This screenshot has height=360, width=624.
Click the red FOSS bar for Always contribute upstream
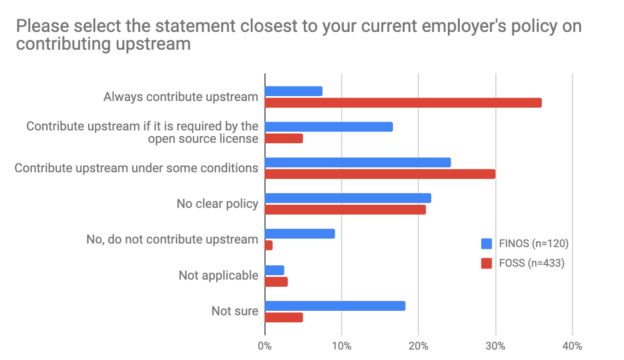tap(403, 103)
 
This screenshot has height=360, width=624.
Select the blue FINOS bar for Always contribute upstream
tap(293, 91)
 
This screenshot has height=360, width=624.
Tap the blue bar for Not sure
tap(335, 306)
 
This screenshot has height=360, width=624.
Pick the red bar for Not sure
tap(284, 317)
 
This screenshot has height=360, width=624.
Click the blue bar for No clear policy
tap(348, 198)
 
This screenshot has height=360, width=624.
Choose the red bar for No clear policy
tap(345, 210)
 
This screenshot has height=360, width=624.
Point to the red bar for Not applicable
tap(276, 282)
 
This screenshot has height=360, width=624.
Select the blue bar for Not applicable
tap(274, 270)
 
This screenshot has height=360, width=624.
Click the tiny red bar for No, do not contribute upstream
tap(268, 246)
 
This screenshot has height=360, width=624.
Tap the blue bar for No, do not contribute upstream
tap(299, 234)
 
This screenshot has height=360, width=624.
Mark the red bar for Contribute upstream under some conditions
tap(380, 174)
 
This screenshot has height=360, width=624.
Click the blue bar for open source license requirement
tap(328, 127)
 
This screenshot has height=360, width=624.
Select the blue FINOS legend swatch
tap(486, 243)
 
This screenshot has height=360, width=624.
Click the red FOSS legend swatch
tap(486, 263)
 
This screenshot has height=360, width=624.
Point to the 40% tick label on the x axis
tap(572, 346)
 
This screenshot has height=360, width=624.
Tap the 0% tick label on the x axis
tap(265, 346)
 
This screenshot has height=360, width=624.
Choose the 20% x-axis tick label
tap(418, 346)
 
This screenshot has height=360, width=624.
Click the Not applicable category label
tap(218, 275)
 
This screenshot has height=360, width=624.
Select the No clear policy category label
tap(217, 204)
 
